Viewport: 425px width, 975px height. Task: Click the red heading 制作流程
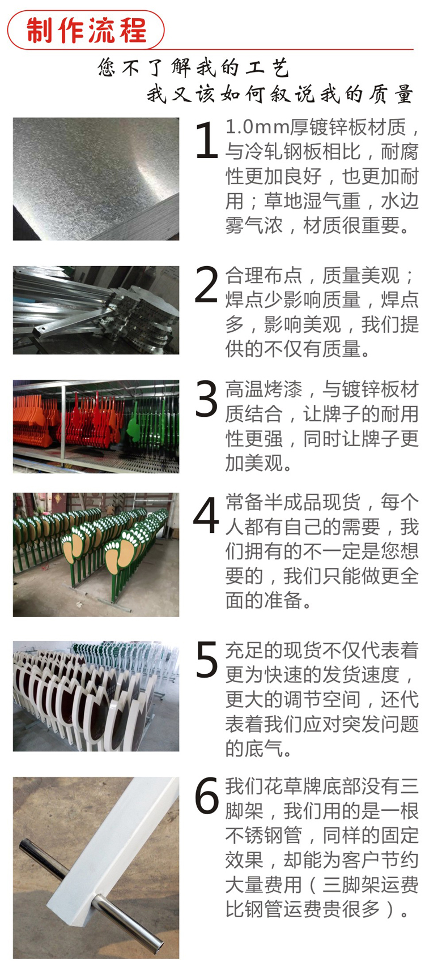[86, 30]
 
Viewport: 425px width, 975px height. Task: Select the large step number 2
[206, 285]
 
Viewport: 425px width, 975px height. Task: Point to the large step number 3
[206, 399]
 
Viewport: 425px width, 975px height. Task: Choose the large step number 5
[207, 659]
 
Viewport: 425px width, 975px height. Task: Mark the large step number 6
[207, 796]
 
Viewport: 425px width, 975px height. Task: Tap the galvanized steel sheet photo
[96, 178]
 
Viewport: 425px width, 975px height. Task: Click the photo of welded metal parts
[96, 310]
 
